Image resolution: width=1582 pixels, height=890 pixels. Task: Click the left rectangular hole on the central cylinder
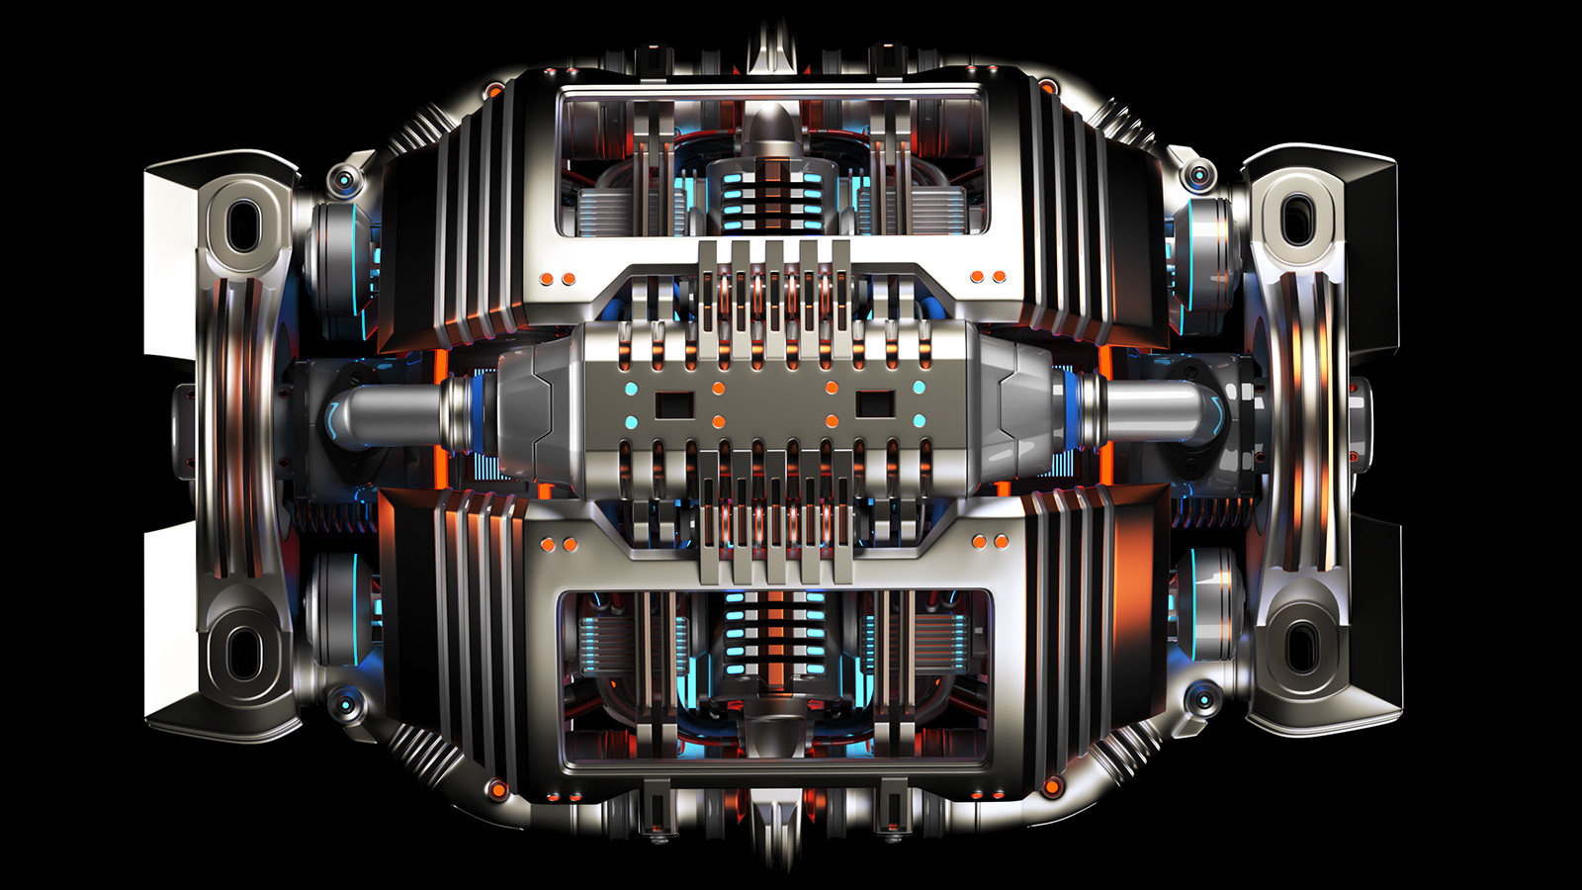(675, 403)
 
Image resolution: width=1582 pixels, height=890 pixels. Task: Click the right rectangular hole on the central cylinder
(874, 403)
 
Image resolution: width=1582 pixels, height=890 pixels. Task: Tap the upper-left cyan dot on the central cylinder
(631, 388)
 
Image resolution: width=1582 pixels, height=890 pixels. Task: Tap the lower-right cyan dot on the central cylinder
(920, 421)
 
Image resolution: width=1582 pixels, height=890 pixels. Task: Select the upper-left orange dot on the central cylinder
(719, 388)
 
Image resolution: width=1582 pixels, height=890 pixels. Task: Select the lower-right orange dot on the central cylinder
(832, 421)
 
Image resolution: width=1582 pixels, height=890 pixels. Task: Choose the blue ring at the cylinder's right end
(1076, 411)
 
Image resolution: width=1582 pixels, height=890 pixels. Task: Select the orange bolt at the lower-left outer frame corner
(498, 788)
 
